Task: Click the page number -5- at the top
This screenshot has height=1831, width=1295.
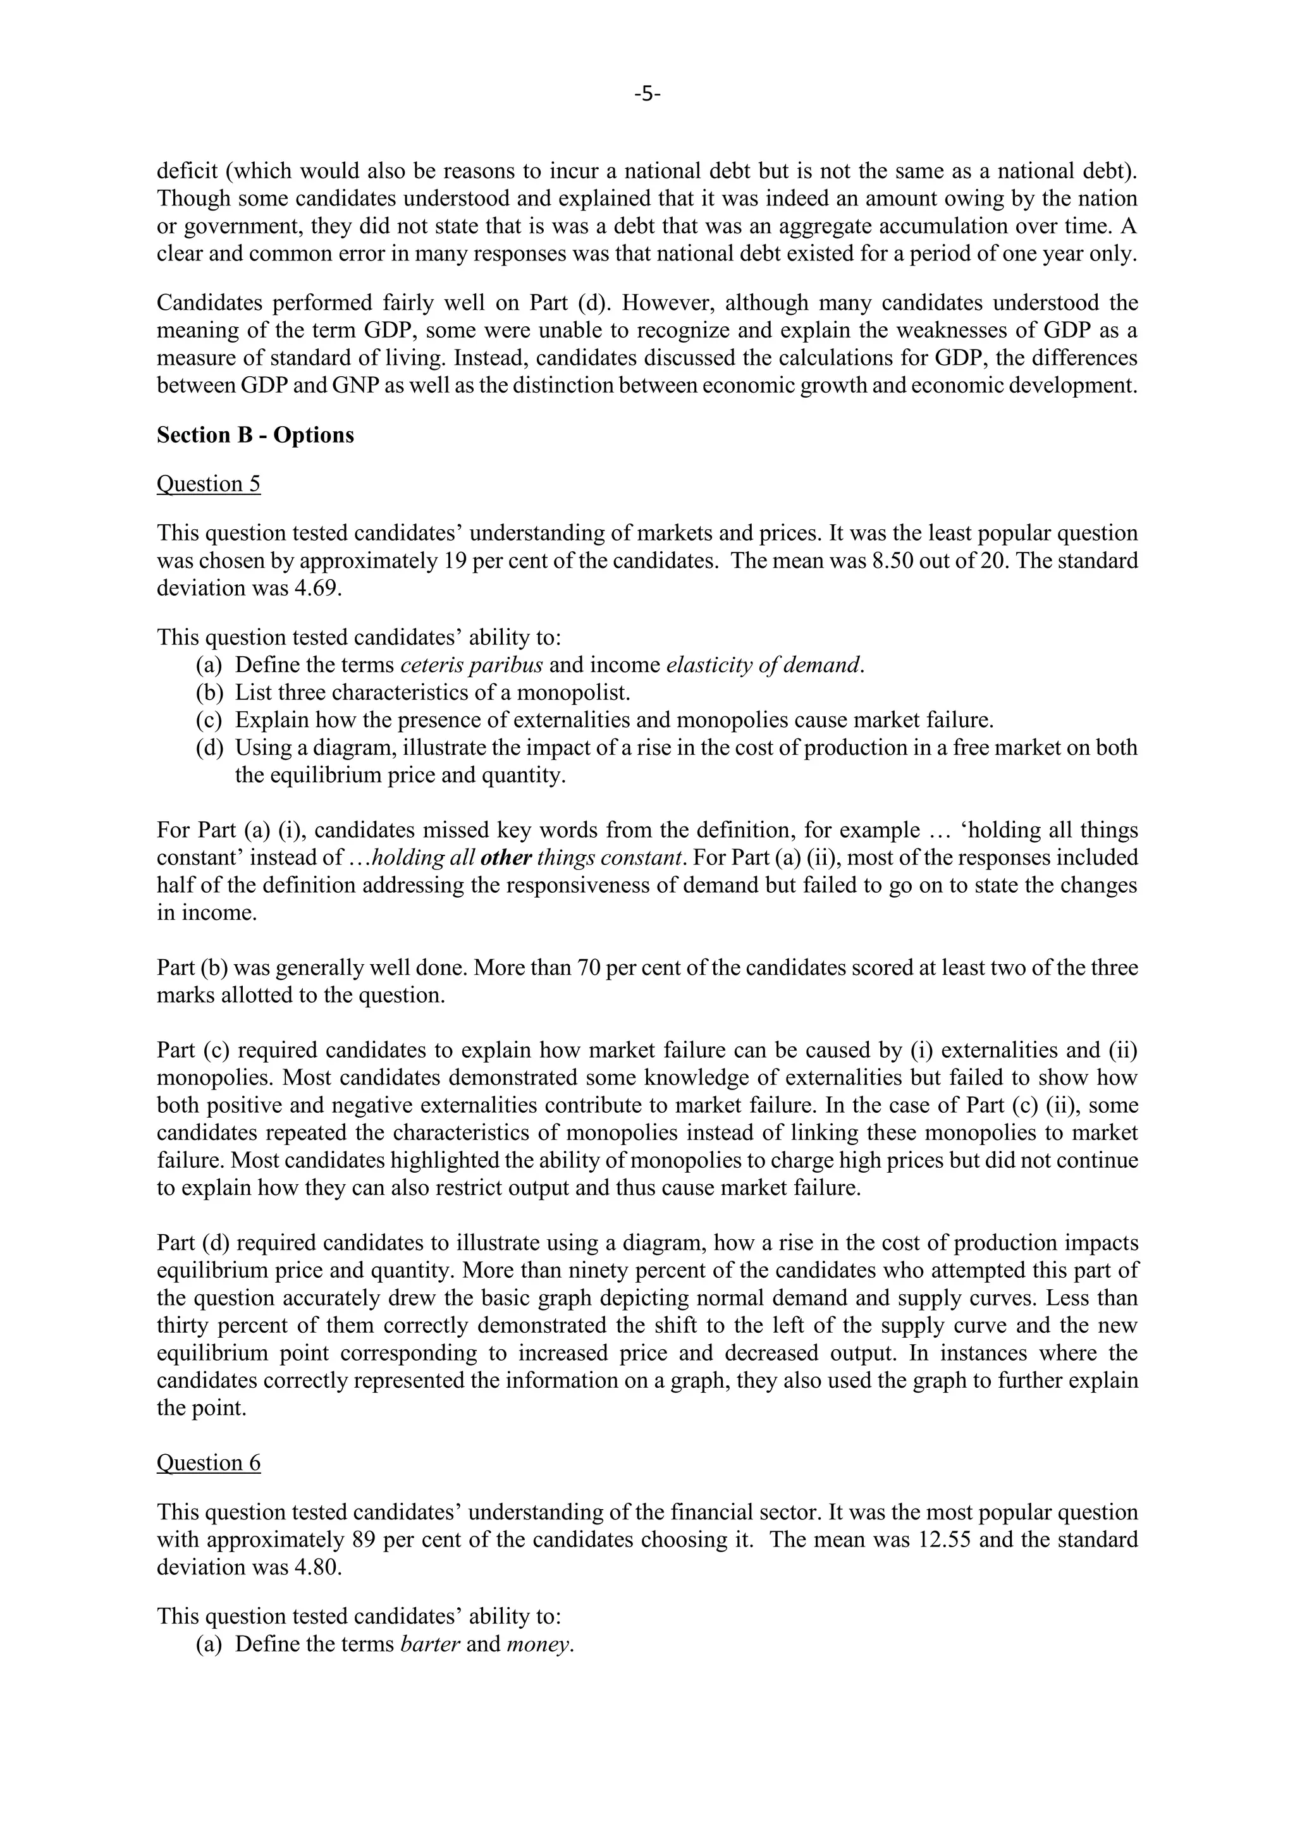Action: coord(647,94)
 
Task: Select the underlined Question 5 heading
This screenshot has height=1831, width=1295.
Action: coord(208,484)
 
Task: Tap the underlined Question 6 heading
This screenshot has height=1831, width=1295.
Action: coord(208,1462)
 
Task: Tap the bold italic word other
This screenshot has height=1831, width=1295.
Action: coord(506,858)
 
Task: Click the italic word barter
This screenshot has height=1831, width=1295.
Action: coord(430,1644)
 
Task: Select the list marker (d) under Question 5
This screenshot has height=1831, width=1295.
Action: coord(209,748)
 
